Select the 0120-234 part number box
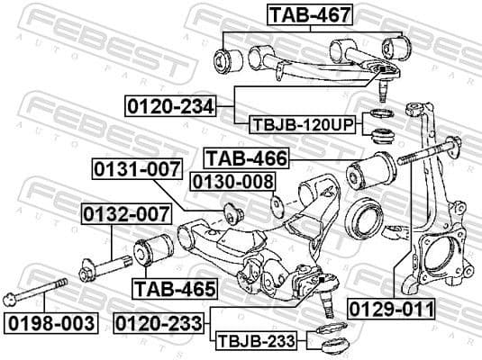pos(169,107)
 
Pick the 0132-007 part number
pos(126,214)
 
